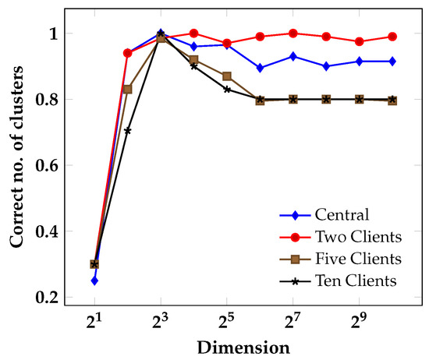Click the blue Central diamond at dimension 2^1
94,281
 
